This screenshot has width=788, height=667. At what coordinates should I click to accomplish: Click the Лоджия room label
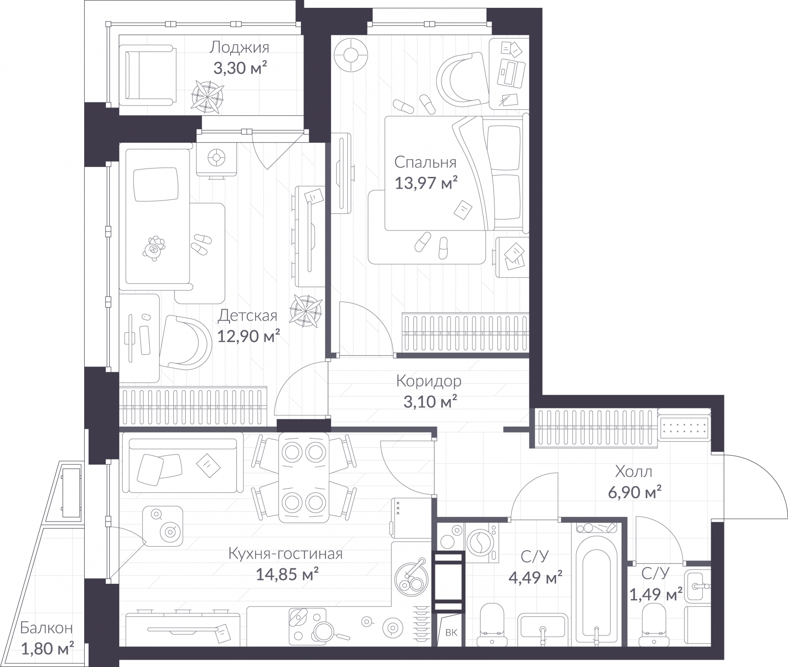click(239, 47)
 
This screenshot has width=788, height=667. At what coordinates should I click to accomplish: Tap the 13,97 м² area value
click(426, 183)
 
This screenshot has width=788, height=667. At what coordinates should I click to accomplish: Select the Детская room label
click(248, 315)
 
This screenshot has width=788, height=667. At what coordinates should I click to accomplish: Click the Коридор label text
click(428, 381)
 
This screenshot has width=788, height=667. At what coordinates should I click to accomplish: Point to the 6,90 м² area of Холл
click(634, 492)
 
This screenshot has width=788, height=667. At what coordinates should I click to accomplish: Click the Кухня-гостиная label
click(285, 554)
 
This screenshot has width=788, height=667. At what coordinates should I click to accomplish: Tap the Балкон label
click(46, 628)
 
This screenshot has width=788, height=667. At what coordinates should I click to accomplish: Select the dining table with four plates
click(303, 477)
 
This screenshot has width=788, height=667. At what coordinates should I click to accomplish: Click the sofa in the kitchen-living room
click(182, 463)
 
